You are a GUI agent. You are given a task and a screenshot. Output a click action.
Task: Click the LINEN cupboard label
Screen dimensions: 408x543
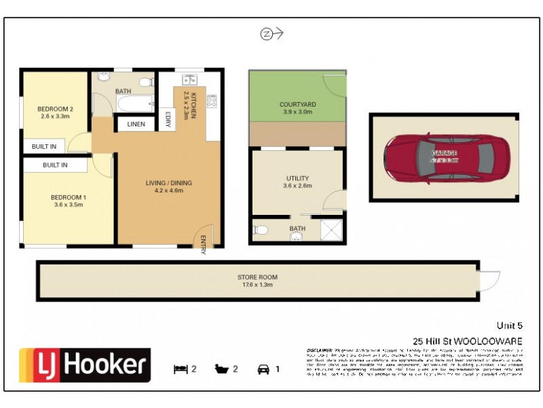pyautogui.click(x=136, y=124)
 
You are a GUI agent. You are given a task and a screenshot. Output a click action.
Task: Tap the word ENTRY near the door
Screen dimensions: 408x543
pyautogui.click(x=203, y=245)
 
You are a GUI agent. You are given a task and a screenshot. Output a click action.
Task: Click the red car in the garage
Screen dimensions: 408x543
pyautogui.click(x=444, y=157)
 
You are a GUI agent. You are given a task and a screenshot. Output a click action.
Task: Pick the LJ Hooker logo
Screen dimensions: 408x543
pyautogui.click(x=85, y=366)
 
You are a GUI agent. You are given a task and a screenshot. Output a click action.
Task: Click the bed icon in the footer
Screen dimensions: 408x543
pyautogui.click(x=180, y=369)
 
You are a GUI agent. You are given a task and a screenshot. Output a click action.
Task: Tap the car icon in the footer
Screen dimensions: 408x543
pyautogui.click(x=263, y=369)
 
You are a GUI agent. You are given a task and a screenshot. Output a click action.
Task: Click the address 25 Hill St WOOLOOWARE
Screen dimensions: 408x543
pyautogui.click(x=468, y=341)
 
